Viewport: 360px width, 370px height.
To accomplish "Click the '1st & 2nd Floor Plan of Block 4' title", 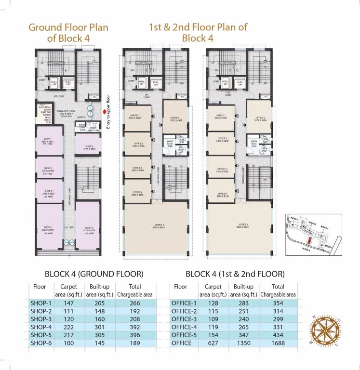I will [x=198, y=32].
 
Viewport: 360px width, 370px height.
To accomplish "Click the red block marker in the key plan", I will [x=309, y=240].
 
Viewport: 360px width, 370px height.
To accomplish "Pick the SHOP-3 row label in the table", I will [x=41, y=319].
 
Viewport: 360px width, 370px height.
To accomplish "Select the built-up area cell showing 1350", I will [x=243, y=344].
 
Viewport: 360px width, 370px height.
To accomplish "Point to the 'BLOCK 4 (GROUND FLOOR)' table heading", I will [x=94, y=274].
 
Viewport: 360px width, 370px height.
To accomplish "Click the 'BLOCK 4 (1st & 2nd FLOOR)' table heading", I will [x=235, y=274].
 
